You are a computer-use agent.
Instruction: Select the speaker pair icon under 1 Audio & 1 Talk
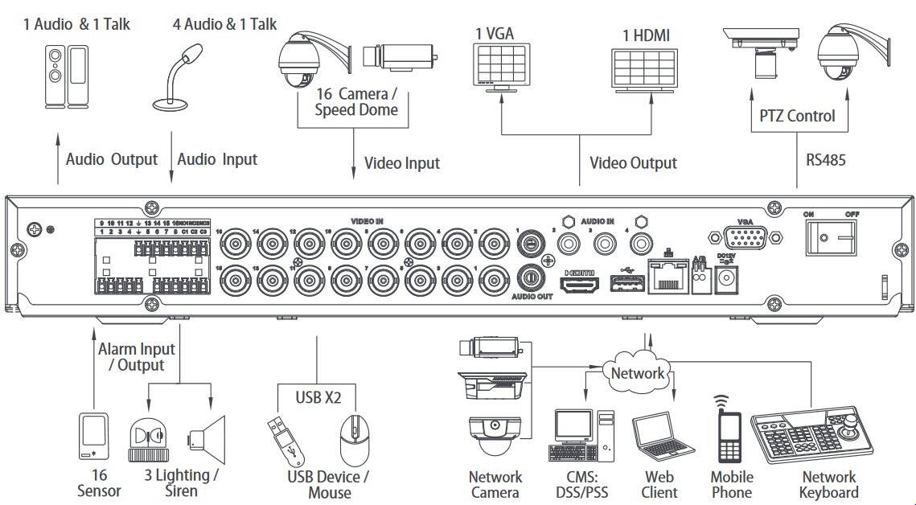[x=64, y=76]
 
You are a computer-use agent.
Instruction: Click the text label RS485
[x=826, y=159]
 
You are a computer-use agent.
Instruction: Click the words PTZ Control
[x=797, y=116]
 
